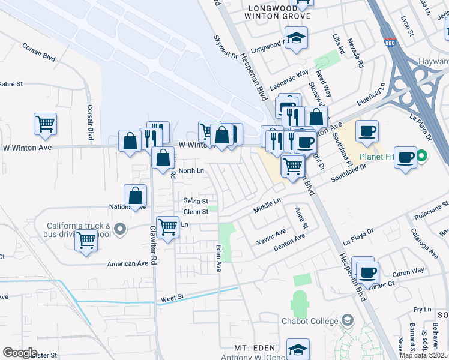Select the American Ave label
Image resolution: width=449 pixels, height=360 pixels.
127,263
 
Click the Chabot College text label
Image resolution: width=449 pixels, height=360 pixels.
310,321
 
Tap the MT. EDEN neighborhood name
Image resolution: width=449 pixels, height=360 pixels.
255,348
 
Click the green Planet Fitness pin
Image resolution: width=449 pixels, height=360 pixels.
421,157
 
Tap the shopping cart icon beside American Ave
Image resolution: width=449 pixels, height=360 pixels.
86,240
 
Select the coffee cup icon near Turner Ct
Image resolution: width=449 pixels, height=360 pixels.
367,271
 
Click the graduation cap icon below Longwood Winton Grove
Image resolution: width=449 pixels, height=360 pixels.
296,38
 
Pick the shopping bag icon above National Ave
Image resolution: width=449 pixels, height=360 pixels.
136,196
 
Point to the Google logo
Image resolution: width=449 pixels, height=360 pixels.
19,353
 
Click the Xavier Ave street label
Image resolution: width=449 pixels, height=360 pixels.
271,233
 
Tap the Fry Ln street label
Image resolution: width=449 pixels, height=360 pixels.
423,310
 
